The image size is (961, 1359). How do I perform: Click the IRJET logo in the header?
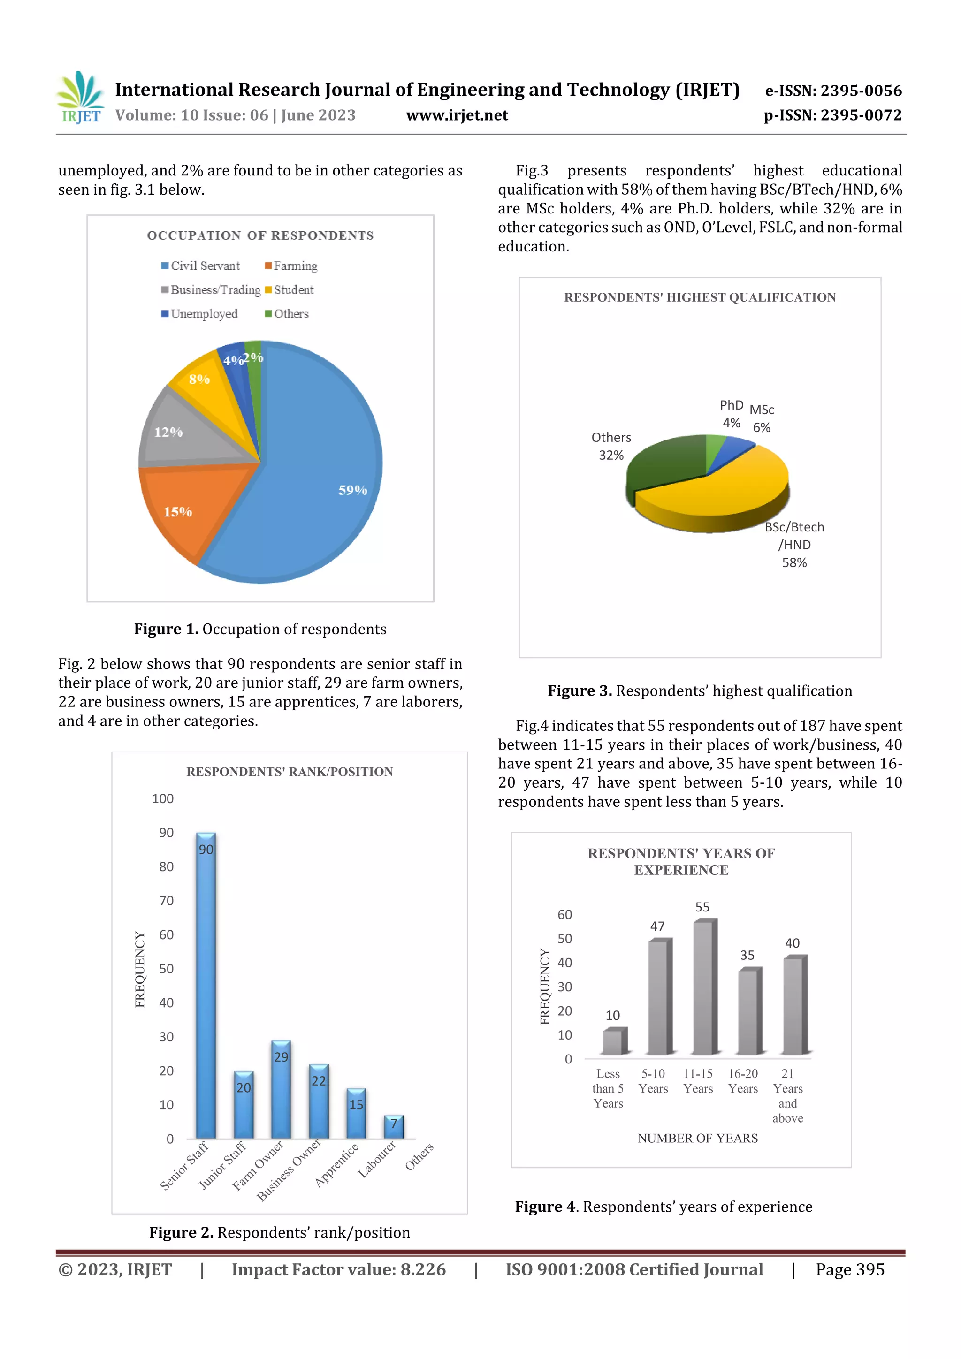pyautogui.click(x=80, y=98)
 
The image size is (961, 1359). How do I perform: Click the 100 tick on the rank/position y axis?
pyautogui.click(x=163, y=798)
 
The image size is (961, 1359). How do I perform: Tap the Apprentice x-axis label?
pyautogui.click(x=336, y=1165)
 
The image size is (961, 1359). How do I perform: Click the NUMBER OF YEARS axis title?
pyautogui.click(x=697, y=1138)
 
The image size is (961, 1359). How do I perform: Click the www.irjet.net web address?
pyautogui.click(x=457, y=115)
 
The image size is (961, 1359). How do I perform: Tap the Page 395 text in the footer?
pyautogui.click(x=850, y=1269)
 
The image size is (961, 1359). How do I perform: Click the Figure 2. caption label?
pyautogui.click(x=181, y=1232)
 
